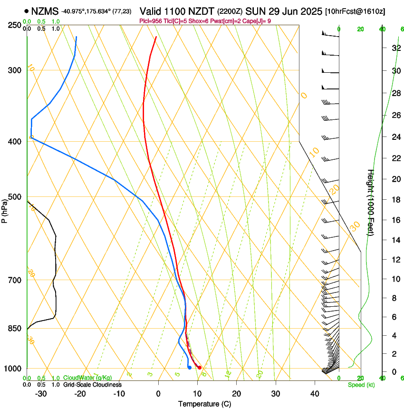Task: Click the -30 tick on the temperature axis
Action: (41, 393)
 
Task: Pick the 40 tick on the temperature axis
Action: (315, 393)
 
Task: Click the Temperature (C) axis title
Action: (204, 404)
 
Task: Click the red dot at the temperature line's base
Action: (200, 368)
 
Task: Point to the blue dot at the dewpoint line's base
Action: (189, 367)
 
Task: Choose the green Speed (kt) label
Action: (361, 385)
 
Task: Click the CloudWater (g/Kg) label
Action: (87, 378)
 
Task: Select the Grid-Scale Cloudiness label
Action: (92, 384)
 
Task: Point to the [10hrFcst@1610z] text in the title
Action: (355, 10)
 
